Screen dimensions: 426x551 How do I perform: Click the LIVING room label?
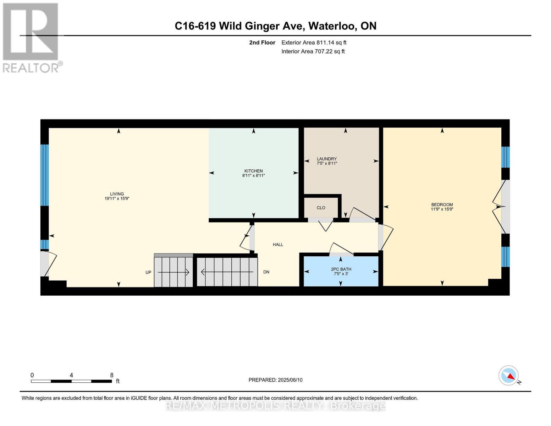pyautogui.click(x=117, y=194)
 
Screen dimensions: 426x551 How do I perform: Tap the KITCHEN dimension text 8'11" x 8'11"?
pyautogui.click(x=253, y=175)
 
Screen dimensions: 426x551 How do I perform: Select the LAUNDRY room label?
pyautogui.click(x=327, y=159)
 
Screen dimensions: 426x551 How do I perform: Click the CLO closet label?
pyautogui.click(x=321, y=208)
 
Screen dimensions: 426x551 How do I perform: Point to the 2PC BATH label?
pyautogui.click(x=341, y=269)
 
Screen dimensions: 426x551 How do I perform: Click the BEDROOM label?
pyautogui.click(x=442, y=204)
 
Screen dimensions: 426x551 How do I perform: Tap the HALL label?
pyautogui.click(x=278, y=245)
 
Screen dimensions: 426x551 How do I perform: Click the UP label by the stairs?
pyautogui.click(x=148, y=272)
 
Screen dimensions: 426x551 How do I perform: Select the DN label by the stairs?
pyautogui.click(x=266, y=272)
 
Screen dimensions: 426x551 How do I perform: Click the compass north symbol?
pyautogui.click(x=509, y=376)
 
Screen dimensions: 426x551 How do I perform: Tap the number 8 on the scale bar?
pyautogui.click(x=112, y=375)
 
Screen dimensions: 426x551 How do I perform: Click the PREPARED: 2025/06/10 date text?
pyautogui.click(x=275, y=380)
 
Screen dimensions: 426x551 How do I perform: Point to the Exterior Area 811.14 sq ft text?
pyautogui.click(x=314, y=43)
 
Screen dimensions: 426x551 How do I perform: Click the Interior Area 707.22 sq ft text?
pyautogui.click(x=313, y=51)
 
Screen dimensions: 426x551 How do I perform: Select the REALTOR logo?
pyautogui.click(x=31, y=37)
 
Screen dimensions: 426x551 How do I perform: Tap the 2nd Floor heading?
pyautogui.click(x=262, y=43)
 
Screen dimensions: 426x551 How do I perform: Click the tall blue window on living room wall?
pyautogui.click(x=44, y=175)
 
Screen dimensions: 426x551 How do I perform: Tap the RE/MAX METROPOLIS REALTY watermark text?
pyautogui.click(x=275, y=406)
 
